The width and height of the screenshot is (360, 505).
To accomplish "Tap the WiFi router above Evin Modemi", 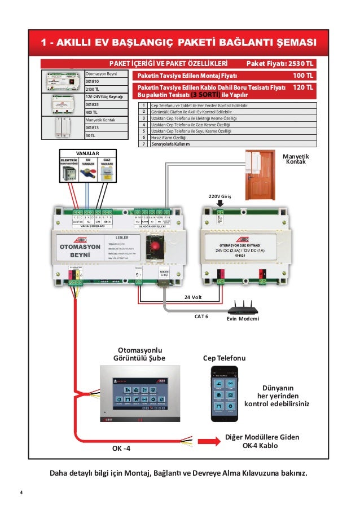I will pyautogui.click(x=243, y=308).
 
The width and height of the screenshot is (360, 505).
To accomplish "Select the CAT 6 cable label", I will pyautogui.click(x=201, y=317).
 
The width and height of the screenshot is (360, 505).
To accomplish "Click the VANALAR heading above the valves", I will pyautogui.click(x=87, y=153).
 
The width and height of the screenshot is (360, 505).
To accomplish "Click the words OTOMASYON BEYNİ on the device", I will pyautogui.click(x=77, y=251).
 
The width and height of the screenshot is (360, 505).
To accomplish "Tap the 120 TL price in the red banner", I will pyautogui.click(x=303, y=88).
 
